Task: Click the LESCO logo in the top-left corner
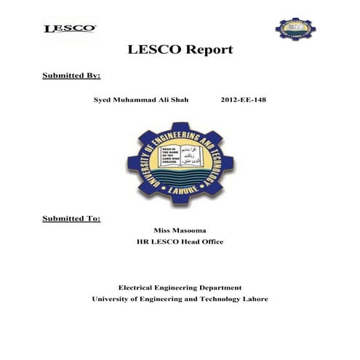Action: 70,29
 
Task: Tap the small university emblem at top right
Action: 295,28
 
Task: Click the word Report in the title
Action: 207,50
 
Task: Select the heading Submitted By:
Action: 71,76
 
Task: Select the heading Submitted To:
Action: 71,218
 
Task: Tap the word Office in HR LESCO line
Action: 211,241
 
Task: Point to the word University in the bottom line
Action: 112,299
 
